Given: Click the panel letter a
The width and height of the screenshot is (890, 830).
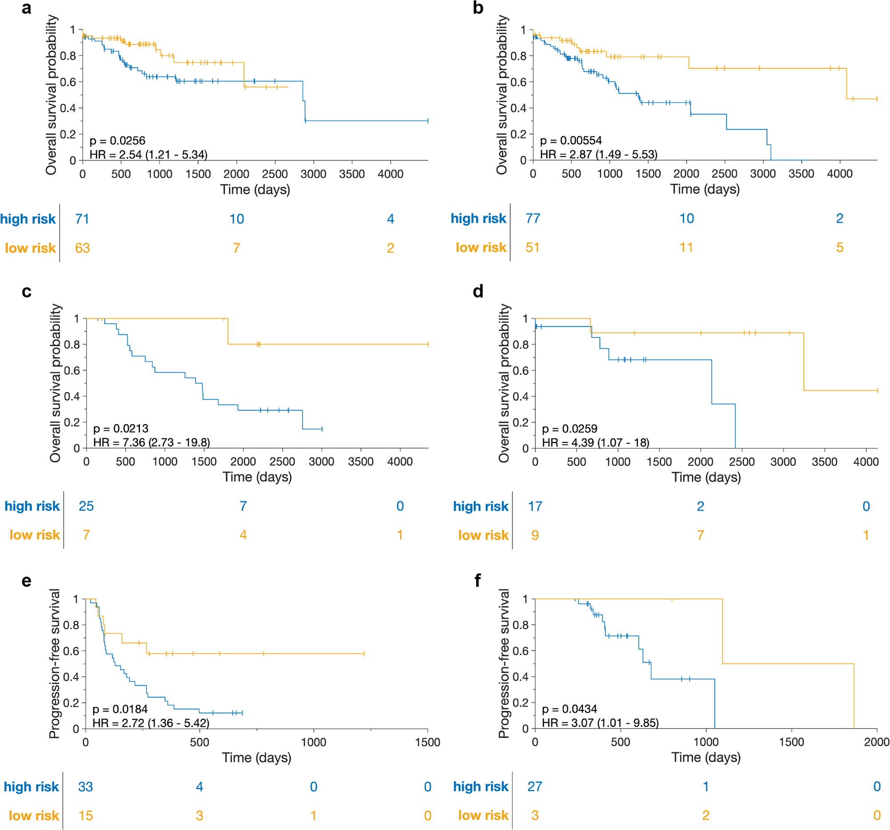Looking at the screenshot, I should tap(26, 8).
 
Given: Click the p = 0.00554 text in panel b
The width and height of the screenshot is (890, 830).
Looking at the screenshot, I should tap(571, 141).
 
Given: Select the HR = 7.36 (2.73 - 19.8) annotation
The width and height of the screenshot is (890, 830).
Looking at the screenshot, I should tap(151, 442).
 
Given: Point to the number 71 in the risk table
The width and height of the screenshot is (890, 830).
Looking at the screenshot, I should tap(82, 219).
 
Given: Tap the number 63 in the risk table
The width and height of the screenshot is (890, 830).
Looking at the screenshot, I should tap(82, 248).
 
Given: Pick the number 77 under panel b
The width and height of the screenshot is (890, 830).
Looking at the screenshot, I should tap(533, 219).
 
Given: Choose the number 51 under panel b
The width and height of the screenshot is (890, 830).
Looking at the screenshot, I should tap(532, 247).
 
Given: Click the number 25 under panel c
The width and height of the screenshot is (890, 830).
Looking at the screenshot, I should tap(86, 506).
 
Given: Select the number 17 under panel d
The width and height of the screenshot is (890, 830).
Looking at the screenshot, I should tap(535, 506).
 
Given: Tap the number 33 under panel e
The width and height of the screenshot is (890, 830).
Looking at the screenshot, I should tap(85, 786).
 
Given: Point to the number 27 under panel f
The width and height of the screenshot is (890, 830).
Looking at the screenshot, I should tap(534, 786).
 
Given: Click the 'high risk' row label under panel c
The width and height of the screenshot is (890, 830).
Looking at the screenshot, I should tap(32, 506).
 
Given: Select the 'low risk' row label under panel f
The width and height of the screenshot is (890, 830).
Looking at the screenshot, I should tap(483, 815).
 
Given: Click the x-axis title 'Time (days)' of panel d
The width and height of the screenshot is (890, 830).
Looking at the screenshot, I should tap(706, 477).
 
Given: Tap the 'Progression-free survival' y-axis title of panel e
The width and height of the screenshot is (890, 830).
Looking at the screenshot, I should tap(55, 664).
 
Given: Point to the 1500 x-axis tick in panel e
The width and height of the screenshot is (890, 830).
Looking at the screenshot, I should tap(428, 742).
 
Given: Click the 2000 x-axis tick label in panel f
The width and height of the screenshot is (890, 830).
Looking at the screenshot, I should tap(877, 742).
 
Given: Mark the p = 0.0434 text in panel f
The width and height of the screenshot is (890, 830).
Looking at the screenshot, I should tap(570, 709).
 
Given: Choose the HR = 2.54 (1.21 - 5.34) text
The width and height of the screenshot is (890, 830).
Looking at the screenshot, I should tap(148, 154).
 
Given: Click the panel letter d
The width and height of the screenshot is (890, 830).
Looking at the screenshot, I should tap(478, 292).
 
